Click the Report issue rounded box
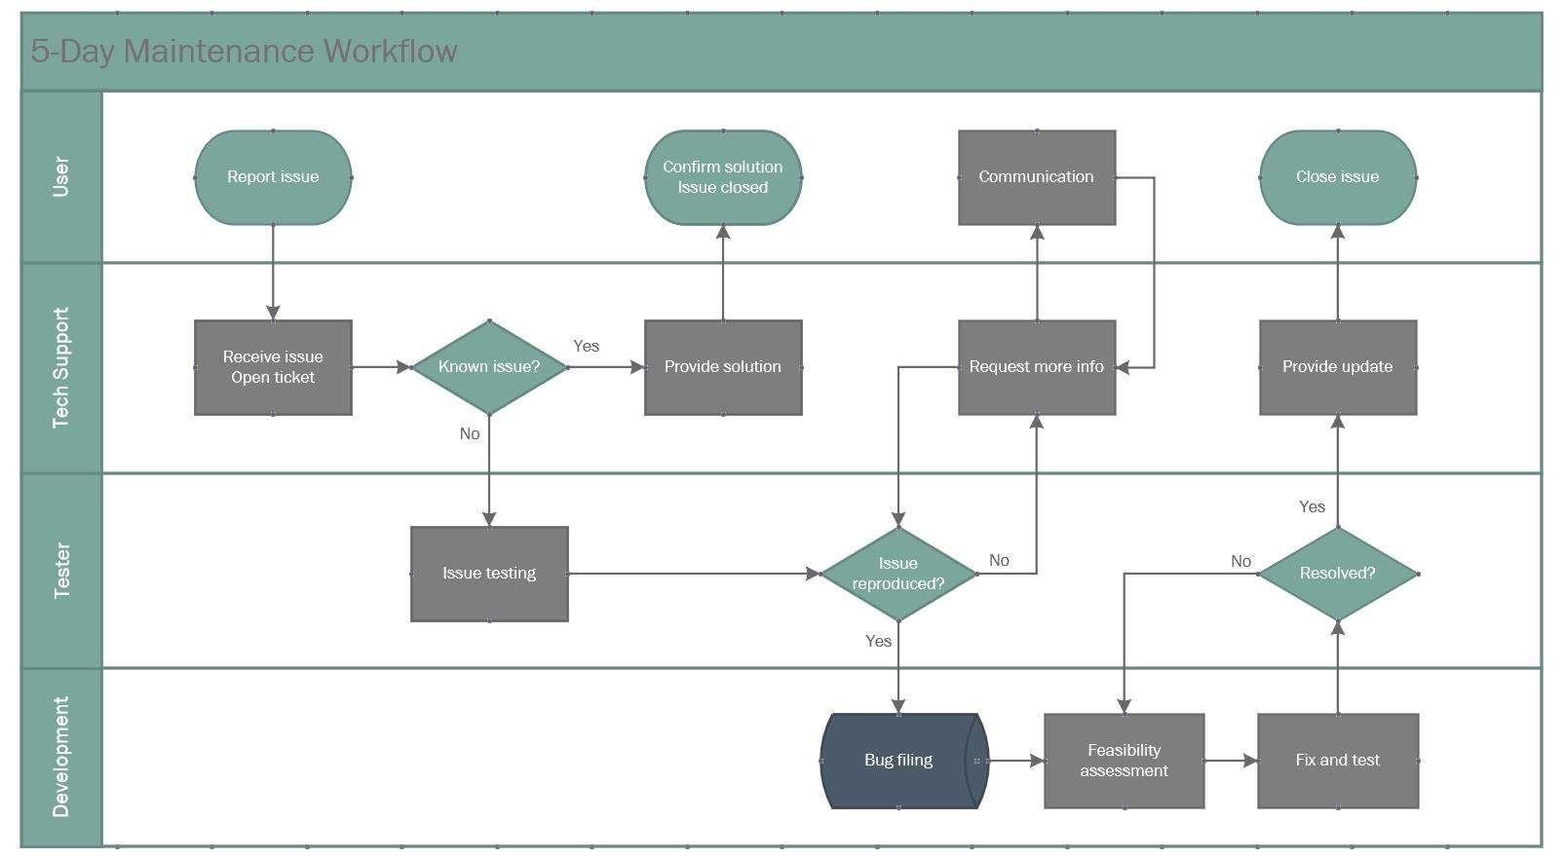point(273,177)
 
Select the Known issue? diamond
point(489,367)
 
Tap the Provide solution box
point(723,367)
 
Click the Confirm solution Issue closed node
point(723,177)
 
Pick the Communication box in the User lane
point(1037,177)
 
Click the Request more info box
point(1037,367)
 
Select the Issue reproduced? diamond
point(898,574)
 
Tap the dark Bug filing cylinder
point(898,761)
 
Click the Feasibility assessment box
point(1125,761)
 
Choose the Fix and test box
point(1338,761)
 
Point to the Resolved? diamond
point(1338,574)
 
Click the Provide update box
point(1338,367)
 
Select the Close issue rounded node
point(1338,177)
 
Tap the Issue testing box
point(489,574)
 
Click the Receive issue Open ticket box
point(273,367)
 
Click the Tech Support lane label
point(61,368)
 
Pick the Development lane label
point(61,757)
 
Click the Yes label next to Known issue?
point(587,346)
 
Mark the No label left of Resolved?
point(1240,561)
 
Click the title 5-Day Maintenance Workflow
point(244,52)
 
